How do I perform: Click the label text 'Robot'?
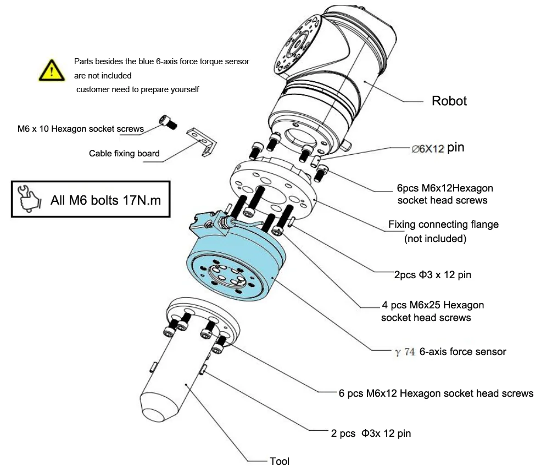pyautogui.click(x=449, y=101)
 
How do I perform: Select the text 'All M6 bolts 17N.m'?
pyautogui.click(x=105, y=200)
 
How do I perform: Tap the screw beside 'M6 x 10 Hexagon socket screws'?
pyautogui.click(x=168, y=122)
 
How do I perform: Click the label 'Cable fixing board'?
pyautogui.click(x=124, y=154)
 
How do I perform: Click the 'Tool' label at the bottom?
pyautogui.click(x=280, y=461)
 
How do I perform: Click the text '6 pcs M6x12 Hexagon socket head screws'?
pyautogui.click(x=436, y=393)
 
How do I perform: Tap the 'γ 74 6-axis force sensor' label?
pyautogui.click(x=450, y=352)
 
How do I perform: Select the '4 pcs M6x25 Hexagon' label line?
pyautogui.click(x=433, y=305)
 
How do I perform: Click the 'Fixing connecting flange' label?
pyautogui.click(x=443, y=224)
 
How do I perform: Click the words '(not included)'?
pyautogui.click(x=435, y=239)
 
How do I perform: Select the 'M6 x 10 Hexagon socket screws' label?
pyautogui.click(x=80, y=129)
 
